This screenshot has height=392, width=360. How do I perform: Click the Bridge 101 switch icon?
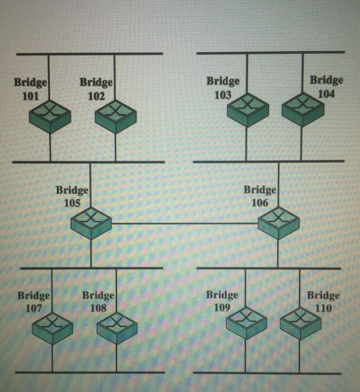tap(50, 116)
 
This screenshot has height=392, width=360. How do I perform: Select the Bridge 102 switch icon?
tap(116, 116)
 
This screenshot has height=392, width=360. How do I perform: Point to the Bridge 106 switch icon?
tap(278, 223)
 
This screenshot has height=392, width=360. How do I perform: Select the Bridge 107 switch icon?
tap(52, 328)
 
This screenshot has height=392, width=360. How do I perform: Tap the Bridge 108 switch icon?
tap(116, 328)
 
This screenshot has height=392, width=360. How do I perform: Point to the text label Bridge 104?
tap(326, 87)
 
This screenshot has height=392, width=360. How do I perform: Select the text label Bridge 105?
tap(72, 197)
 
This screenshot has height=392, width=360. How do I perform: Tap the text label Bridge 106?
tap(259, 196)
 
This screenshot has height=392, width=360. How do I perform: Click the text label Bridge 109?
tap(222, 301)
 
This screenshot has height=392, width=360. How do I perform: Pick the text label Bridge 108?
tap(99, 301)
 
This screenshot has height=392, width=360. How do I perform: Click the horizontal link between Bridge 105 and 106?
tap(185, 223)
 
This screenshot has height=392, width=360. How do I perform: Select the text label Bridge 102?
tap(96, 89)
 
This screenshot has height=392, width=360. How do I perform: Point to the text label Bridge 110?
tap(324, 301)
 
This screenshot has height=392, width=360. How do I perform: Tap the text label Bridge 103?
tap(223, 87)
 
